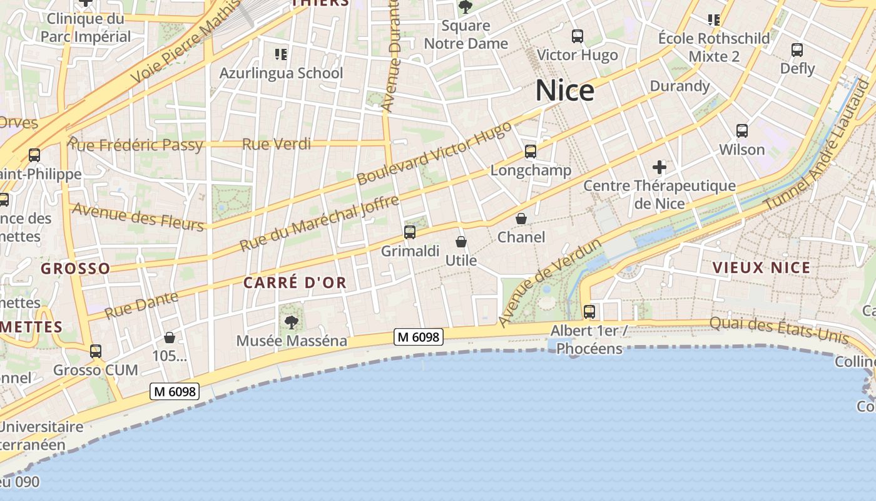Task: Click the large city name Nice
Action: point(564,91)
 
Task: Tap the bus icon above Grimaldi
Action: point(410,232)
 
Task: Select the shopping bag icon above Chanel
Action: point(521,219)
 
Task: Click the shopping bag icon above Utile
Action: point(461,242)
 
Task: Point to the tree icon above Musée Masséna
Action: point(291,323)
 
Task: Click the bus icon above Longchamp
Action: point(531,151)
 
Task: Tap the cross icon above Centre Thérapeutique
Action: point(659,167)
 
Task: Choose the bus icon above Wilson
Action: point(742,131)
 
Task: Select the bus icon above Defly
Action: point(797,50)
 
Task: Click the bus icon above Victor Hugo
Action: point(578,36)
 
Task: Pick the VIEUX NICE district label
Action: point(761,268)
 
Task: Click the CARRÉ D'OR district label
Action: point(295,282)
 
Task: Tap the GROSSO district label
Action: point(75,269)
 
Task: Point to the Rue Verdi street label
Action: point(276,144)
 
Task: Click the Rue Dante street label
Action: point(141,305)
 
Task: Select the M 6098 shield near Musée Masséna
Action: point(419,337)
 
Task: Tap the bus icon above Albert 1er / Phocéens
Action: point(589,311)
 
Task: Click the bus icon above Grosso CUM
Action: point(96,351)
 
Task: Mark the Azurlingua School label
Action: point(281,73)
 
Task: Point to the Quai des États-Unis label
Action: point(778,331)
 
